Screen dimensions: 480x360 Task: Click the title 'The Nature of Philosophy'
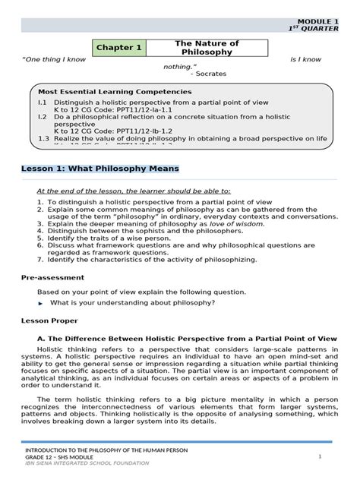coord(196,48)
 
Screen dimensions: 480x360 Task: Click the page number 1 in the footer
coord(321,456)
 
